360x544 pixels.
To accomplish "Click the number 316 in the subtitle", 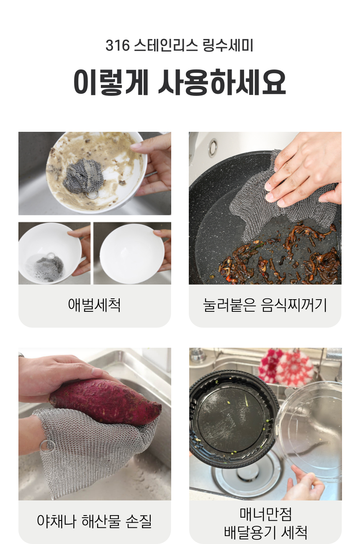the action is [118, 46].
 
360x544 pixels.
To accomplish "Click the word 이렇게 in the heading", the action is [111, 82].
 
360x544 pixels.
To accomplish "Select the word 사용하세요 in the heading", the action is [222, 82].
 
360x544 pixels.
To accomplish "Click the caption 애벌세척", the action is [95, 305].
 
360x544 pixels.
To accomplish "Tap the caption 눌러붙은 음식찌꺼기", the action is [265, 305].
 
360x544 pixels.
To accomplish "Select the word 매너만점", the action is [265, 514].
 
